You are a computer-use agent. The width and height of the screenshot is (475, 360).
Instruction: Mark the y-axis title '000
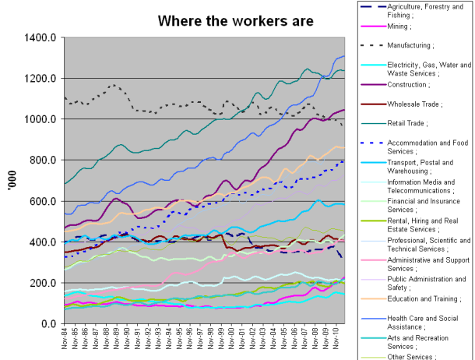point(11,181)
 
